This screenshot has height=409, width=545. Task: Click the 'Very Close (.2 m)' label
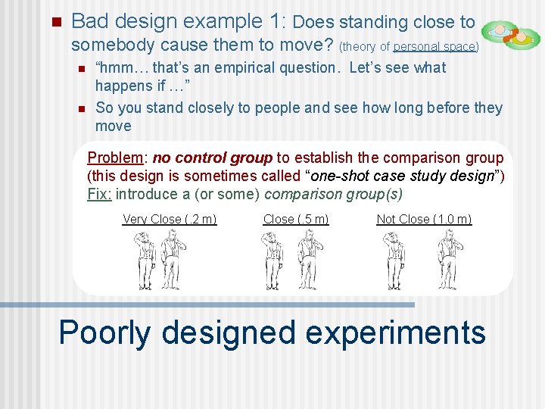(x=170, y=219)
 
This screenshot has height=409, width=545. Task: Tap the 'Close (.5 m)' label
(x=295, y=219)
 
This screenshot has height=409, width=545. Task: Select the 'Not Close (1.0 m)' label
(x=424, y=219)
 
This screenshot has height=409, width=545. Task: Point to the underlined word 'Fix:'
(x=100, y=194)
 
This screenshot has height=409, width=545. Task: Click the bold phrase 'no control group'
(x=212, y=158)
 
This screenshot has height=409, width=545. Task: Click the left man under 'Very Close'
(x=145, y=259)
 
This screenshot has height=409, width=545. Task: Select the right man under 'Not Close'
(x=450, y=259)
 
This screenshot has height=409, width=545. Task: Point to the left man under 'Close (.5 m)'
(x=272, y=259)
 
